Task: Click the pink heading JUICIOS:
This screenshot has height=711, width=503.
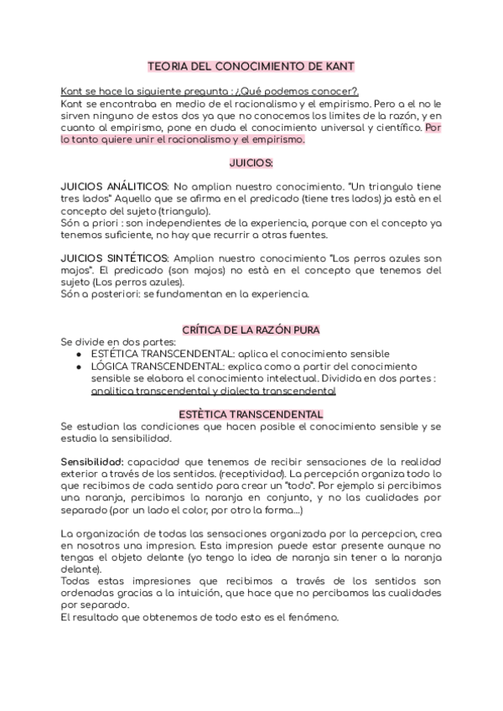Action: tap(251, 161)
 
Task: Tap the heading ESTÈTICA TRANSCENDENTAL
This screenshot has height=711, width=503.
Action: tap(251, 414)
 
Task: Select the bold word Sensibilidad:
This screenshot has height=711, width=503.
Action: tap(92, 462)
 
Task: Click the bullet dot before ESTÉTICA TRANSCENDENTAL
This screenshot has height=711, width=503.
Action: tap(78, 355)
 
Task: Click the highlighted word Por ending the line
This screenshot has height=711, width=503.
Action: tap(433, 128)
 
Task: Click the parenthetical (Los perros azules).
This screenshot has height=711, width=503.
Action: tap(129, 283)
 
